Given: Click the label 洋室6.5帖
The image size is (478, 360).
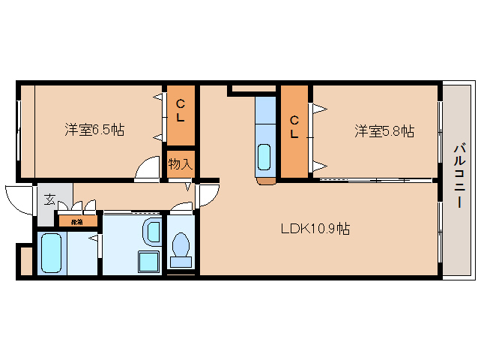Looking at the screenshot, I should (x=94, y=130).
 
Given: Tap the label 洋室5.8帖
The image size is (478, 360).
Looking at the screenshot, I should (x=384, y=131).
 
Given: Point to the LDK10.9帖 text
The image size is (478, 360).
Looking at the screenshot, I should (x=315, y=229).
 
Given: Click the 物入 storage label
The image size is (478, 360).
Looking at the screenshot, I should (x=179, y=163).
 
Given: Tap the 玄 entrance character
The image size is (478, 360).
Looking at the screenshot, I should (x=48, y=199).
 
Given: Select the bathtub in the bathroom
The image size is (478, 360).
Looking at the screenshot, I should (x=52, y=252).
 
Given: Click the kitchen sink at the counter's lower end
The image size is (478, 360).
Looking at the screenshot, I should (x=265, y=157).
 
